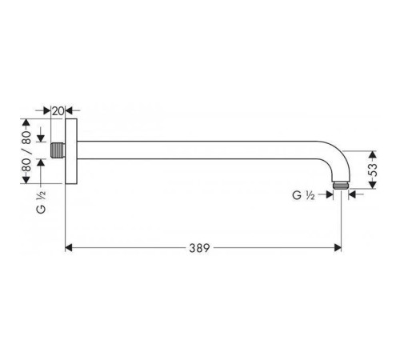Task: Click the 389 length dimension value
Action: (x=199, y=248)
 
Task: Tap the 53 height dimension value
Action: (x=373, y=170)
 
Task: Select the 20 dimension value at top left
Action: (x=58, y=111)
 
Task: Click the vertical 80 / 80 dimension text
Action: (x=26, y=151)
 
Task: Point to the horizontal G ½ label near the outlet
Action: (x=303, y=195)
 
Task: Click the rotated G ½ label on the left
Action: (x=41, y=202)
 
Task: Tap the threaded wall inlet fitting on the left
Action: (x=58, y=150)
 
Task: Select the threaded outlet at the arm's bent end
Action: (x=341, y=186)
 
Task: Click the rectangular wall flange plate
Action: (x=71, y=151)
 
